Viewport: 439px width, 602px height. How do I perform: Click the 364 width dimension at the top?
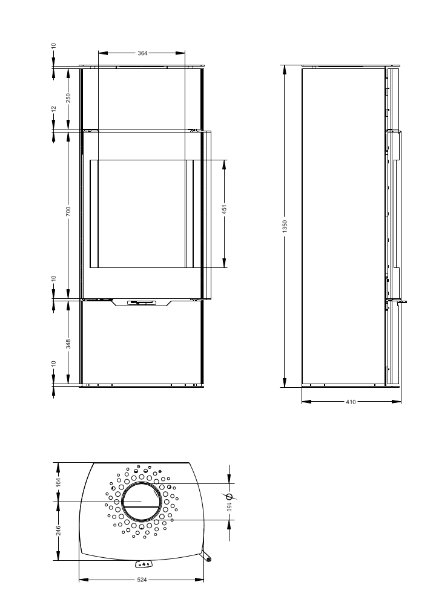pyautogui.click(x=142, y=53)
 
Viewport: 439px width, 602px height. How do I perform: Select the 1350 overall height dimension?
pyautogui.click(x=285, y=226)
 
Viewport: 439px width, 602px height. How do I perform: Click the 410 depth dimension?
pyautogui.click(x=351, y=401)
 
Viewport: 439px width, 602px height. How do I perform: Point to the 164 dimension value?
pyautogui.click(x=58, y=482)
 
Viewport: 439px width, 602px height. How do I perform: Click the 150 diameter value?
pyautogui.click(x=229, y=506)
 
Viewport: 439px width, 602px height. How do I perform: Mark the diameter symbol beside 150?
pyautogui.click(x=229, y=495)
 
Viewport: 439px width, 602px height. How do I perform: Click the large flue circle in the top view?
pyautogui.click(x=142, y=503)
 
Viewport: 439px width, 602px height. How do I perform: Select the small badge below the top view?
pyautogui.click(x=144, y=564)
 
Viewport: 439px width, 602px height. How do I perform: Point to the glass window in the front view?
pyautogui.click(x=142, y=214)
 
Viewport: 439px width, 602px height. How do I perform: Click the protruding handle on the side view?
pyautogui.click(x=402, y=301)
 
